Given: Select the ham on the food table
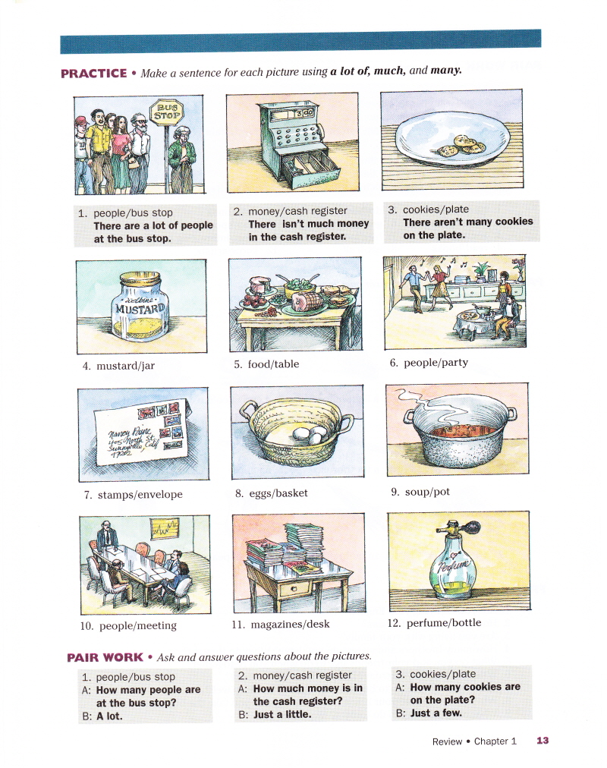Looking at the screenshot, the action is (x=307, y=302).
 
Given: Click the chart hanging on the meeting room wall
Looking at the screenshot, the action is (x=165, y=528).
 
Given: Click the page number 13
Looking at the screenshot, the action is (x=543, y=741).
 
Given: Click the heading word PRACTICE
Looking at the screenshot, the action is (x=94, y=74).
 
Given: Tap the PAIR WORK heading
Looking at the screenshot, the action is (x=105, y=657).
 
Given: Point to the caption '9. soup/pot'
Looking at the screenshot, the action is (x=420, y=492).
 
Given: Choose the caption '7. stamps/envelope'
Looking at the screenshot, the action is (x=133, y=495).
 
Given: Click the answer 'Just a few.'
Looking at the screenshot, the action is (x=436, y=713).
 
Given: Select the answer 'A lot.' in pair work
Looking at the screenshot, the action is (x=109, y=716).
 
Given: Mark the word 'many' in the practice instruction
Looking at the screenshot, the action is (x=445, y=70).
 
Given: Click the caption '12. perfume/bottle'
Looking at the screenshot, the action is (x=434, y=623).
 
